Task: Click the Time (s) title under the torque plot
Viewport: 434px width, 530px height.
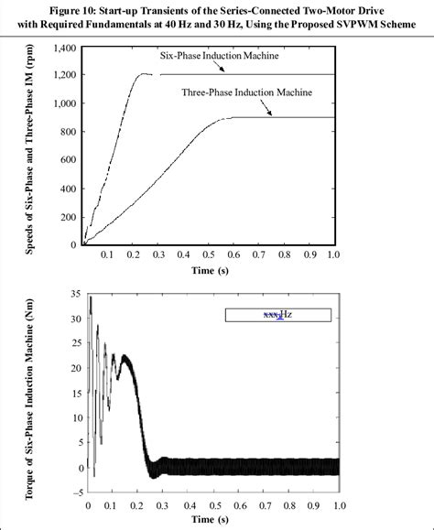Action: [x=211, y=521]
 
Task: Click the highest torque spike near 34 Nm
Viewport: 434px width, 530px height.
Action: [x=90, y=297]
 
